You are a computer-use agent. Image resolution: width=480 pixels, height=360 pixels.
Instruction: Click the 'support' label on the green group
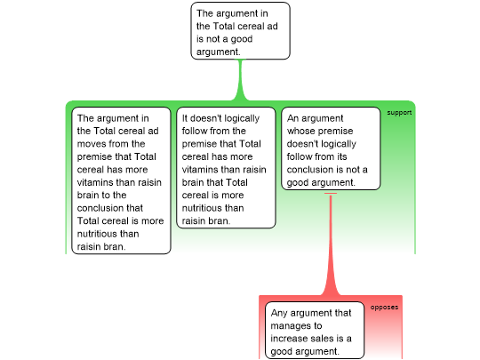coord(399,113)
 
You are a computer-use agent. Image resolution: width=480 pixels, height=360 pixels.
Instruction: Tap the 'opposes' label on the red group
coord(384,307)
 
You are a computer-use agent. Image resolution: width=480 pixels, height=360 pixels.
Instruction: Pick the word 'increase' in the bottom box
coord(289,339)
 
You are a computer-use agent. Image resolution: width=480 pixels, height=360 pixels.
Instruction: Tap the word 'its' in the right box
coord(342,156)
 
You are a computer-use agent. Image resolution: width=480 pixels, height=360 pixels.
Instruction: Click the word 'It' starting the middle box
coord(185,118)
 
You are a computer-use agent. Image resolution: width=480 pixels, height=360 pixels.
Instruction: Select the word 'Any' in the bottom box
coord(279,313)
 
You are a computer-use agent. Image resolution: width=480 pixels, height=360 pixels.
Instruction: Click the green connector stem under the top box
coord(240,80)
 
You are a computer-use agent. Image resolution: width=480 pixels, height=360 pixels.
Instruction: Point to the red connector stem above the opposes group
coord(331,245)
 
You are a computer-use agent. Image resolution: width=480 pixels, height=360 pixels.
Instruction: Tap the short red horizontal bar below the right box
coord(331,193)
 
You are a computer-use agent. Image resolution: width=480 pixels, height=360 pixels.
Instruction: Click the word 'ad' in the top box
coord(272,27)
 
